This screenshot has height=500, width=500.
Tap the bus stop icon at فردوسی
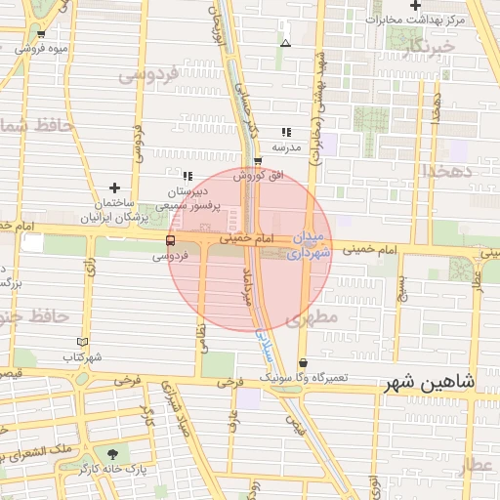[x=170, y=240]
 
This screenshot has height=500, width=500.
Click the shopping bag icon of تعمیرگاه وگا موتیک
[x=303, y=362]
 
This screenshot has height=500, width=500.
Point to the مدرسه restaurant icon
[x=285, y=132]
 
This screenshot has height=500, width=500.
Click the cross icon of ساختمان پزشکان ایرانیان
[x=115, y=187]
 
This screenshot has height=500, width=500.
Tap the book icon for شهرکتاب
[x=82, y=342]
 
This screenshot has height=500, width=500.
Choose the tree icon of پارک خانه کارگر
[x=115, y=454]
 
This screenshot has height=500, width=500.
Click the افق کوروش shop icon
[x=257, y=161]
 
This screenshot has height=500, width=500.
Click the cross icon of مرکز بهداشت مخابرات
[x=415, y=6]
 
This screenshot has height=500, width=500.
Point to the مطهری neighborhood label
[x=312, y=318]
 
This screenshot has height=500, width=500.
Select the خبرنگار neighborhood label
[x=428, y=46]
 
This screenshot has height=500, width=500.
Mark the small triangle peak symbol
[x=285, y=43]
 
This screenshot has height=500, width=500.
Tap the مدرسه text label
[x=285, y=147]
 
